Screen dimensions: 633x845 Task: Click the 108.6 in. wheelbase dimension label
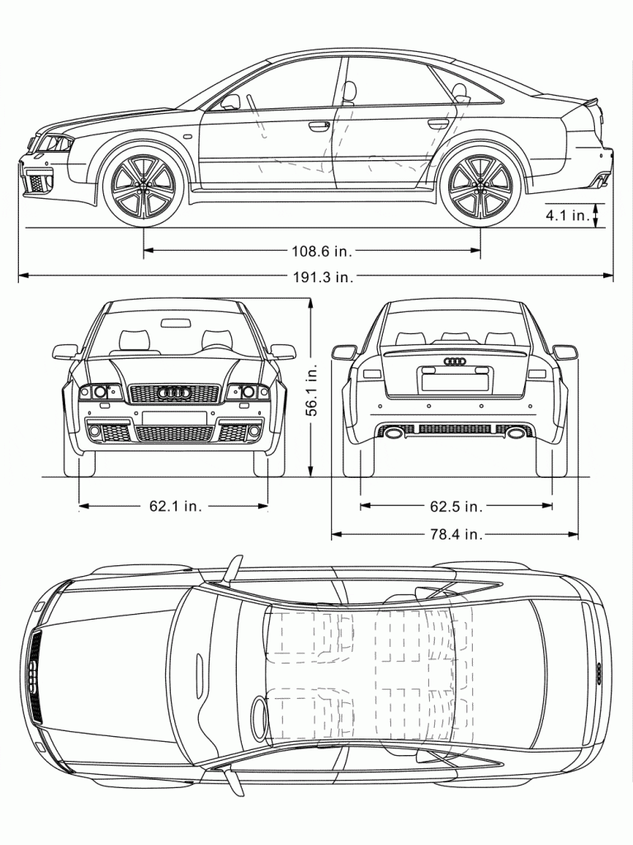point(322,251)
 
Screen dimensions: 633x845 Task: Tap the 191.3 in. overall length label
point(323,277)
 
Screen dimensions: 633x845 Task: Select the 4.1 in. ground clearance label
point(567,215)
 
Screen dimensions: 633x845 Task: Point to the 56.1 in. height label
point(312,388)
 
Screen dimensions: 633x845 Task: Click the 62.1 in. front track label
point(175,506)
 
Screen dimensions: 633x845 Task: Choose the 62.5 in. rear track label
point(456,506)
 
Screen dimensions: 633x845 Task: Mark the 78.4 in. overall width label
point(456,534)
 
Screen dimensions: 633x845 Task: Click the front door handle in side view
point(319,125)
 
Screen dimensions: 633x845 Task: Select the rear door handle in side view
point(438,124)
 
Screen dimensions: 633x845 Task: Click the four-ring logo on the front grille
point(173,394)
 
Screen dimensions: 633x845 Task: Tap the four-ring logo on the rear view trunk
point(455,361)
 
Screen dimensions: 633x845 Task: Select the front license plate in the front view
point(175,418)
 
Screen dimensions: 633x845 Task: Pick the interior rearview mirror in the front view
point(176,323)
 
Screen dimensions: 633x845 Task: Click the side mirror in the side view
point(230,101)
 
